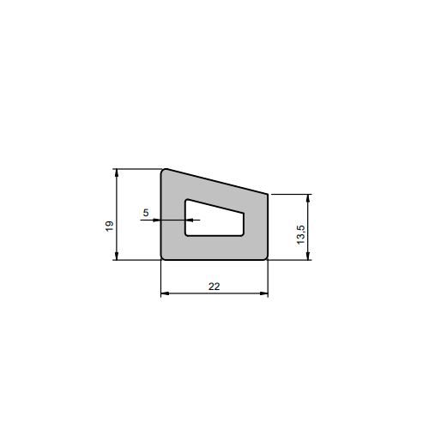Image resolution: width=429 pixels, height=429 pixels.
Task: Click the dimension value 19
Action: [x=110, y=227]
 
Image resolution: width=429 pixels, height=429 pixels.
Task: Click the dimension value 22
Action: [x=214, y=287]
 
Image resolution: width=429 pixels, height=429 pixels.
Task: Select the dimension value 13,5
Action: [x=301, y=235]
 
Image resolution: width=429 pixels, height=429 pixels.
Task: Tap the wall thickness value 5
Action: [x=146, y=213]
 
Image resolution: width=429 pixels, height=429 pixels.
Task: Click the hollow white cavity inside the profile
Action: [x=213, y=221]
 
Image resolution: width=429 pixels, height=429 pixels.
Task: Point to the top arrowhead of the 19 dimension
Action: [x=116, y=172]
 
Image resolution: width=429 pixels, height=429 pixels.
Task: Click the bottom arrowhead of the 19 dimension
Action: [x=116, y=256]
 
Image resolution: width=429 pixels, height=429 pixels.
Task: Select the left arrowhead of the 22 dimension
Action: [x=165, y=293]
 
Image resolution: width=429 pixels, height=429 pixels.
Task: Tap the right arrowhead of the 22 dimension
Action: [x=264, y=293]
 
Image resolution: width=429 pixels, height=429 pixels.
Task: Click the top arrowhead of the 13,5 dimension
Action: [x=308, y=198]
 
